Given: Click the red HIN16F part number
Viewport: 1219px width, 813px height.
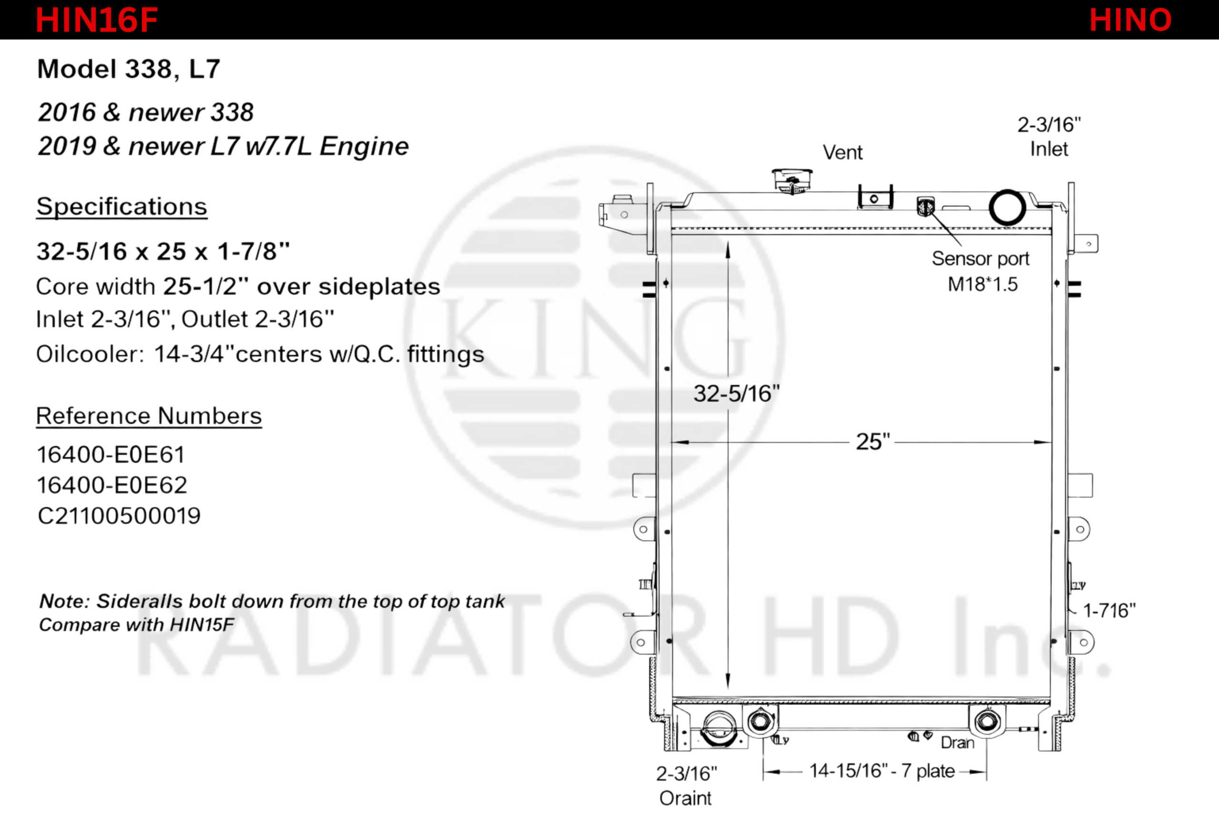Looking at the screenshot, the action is pyautogui.click(x=96, y=20).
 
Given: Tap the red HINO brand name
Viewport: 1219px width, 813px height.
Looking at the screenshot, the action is pyautogui.click(x=1130, y=20).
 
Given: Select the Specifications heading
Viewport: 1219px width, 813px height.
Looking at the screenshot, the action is pyautogui.click(x=122, y=206).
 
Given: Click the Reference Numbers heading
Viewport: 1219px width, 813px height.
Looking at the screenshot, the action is pyautogui.click(x=149, y=416).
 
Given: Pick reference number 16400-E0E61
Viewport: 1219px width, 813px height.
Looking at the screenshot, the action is pyautogui.click(x=111, y=455).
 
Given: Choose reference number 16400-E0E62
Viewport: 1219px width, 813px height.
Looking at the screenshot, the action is pyautogui.click(x=112, y=485).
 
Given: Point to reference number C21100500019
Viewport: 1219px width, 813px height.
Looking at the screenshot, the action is pyautogui.click(x=119, y=515).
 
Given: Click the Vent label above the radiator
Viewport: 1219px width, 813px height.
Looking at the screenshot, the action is pyautogui.click(x=843, y=152).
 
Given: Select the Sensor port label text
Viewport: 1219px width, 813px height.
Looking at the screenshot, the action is pyautogui.click(x=980, y=259).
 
